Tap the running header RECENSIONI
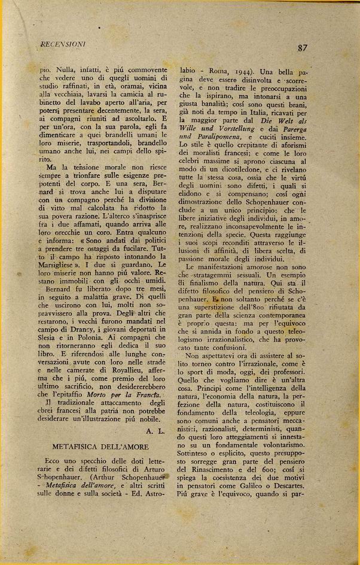[x=62, y=44]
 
